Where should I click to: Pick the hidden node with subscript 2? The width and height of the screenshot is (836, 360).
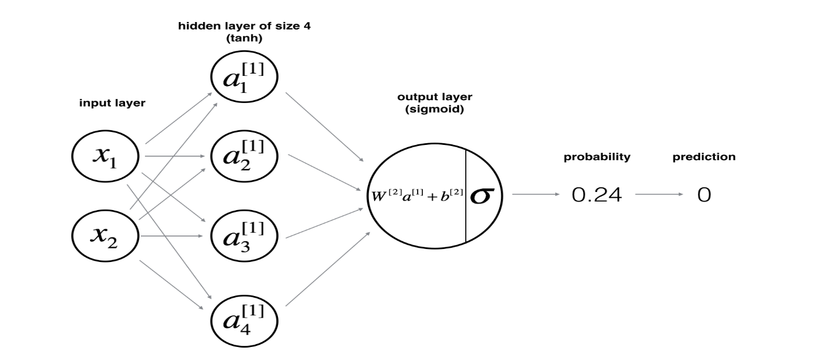pyautogui.click(x=244, y=155)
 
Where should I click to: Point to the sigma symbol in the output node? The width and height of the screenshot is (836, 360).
pyautogui.click(x=483, y=195)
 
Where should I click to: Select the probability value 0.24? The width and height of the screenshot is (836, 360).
pyautogui.click(x=597, y=195)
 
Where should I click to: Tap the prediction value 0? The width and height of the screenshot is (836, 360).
pyautogui.click(x=704, y=195)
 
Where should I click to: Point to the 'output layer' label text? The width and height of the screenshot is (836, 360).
pyautogui.click(x=435, y=96)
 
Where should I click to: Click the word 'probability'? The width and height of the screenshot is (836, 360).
pyautogui.click(x=597, y=157)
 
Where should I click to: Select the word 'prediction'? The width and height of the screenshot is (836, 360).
pyautogui.click(x=704, y=157)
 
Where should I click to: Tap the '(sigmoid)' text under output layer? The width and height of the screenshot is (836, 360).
pyautogui.click(x=435, y=109)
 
